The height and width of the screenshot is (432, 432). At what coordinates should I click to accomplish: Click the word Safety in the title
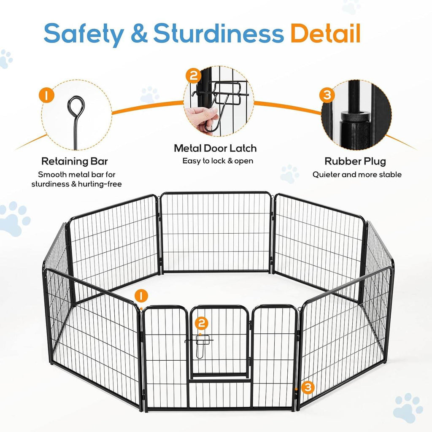pyautogui.click(x=83, y=34)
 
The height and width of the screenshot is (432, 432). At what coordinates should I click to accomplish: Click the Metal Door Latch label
pyautogui.click(x=215, y=148)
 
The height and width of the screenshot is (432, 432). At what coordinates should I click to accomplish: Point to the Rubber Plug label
pyautogui.click(x=355, y=161)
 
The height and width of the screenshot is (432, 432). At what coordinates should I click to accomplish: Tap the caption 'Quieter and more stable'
pyautogui.click(x=357, y=174)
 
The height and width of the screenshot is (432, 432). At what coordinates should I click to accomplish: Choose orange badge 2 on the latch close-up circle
pyautogui.click(x=193, y=76)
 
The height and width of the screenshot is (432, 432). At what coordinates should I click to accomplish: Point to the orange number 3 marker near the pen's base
pyautogui.click(x=308, y=386)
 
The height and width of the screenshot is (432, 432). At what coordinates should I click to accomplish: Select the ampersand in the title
pyautogui.click(x=138, y=34)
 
